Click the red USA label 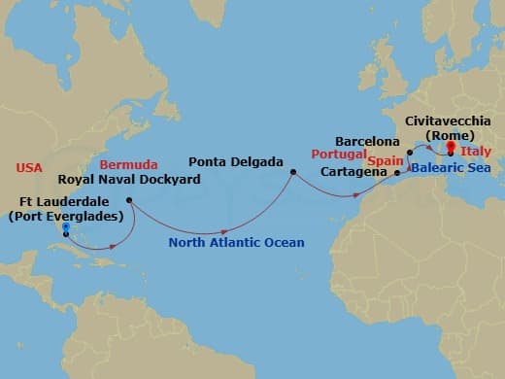tap(29, 168)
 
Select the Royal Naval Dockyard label tap(117, 179)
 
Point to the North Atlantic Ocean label tap(236, 242)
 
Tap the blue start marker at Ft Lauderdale tap(65, 228)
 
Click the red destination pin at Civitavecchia tap(451, 147)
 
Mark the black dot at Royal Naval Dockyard tap(129, 201)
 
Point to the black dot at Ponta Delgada tap(292, 173)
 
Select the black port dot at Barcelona tap(410, 152)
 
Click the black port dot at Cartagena tap(397, 173)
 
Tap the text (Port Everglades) tap(65, 216)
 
